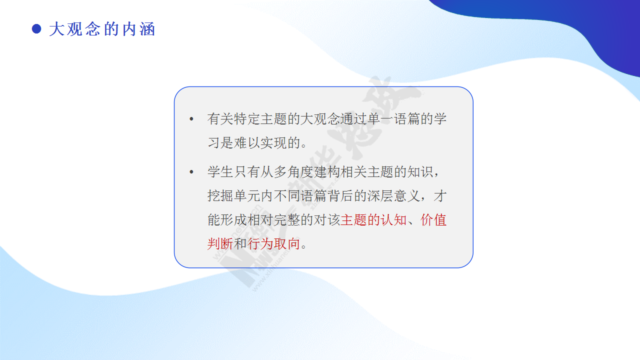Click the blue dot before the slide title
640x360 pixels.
(x=36, y=29)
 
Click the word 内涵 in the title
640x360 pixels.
(x=139, y=29)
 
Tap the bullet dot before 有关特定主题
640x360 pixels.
(x=191, y=119)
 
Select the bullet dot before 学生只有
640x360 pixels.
(x=191, y=171)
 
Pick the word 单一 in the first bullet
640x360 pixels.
(x=380, y=119)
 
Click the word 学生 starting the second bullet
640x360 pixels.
(x=220, y=171)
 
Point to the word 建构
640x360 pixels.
(x=327, y=171)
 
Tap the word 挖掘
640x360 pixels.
(x=220, y=196)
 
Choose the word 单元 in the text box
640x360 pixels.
(x=247, y=196)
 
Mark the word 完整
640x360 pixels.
(x=287, y=220)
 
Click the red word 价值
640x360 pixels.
(x=433, y=220)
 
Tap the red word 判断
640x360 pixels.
(x=220, y=244)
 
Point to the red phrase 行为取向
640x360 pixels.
(x=273, y=244)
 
